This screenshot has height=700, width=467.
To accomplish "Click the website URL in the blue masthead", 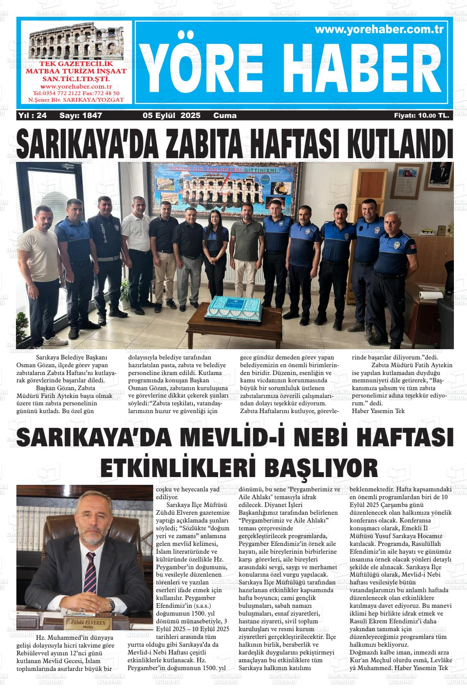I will pos(379,30).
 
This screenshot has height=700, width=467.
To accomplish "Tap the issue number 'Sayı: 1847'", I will pos(81,116).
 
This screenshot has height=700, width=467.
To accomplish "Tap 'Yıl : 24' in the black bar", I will pos(32,116).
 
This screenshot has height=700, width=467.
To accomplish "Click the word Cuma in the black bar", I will pos(225,116).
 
